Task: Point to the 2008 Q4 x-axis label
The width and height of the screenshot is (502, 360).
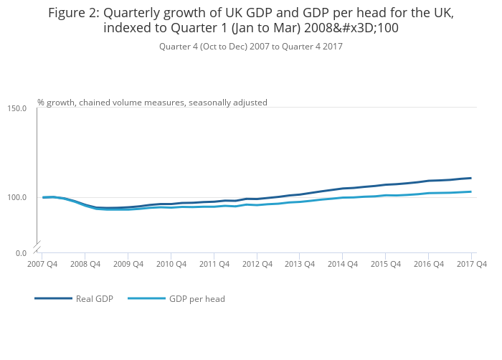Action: point(85,264)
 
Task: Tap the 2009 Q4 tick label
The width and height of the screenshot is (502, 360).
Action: point(128,264)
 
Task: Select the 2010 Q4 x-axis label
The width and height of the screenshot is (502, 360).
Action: point(171,264)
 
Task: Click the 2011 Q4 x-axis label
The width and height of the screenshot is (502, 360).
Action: point(214,264)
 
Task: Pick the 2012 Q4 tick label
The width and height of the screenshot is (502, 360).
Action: point(257,264)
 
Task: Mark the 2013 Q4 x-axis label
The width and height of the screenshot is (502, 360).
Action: point(300,264)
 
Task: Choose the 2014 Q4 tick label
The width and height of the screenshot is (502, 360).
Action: point(343,264)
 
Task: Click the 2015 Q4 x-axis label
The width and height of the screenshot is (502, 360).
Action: point(385,264)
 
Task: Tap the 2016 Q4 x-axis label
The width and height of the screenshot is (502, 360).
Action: point(428,264)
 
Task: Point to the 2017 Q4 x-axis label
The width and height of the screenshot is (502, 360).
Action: point(471,264)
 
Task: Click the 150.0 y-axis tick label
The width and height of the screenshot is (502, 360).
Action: point(17,108)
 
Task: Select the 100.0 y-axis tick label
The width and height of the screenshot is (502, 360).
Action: point(17,197)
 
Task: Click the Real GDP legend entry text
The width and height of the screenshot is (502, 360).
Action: point(95,298)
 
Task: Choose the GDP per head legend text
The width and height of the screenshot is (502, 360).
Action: point(197,298)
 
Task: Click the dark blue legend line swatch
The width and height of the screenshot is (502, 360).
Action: point(53,298)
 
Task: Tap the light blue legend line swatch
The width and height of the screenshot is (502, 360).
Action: point(146,298)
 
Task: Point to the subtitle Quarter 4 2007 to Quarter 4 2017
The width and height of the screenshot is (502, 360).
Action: point(250,47)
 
